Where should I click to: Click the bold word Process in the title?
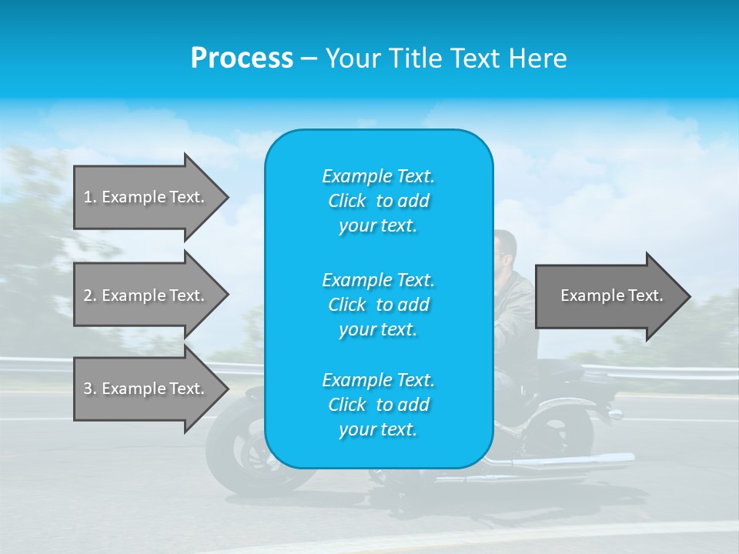[242, 58]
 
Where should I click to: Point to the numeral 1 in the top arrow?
[88, 197]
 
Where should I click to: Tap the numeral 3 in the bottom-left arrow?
[88, 389]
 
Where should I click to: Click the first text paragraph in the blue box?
[378, 201]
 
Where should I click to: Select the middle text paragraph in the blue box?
[378, 305]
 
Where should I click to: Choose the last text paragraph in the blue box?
[378, 405]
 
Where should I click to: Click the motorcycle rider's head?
[504, 248]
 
